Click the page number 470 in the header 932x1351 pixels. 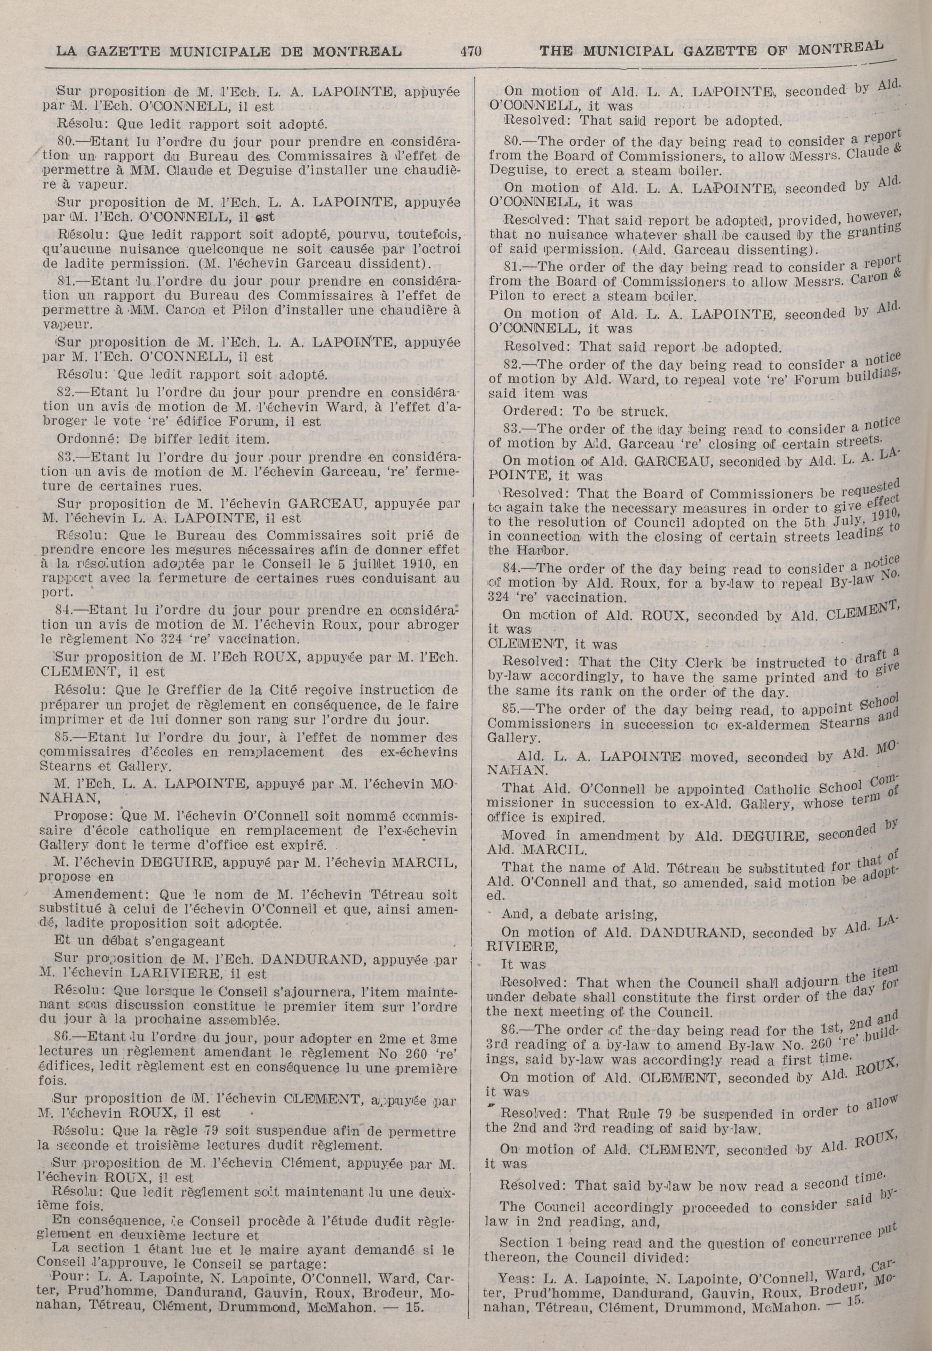click(470, 51)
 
